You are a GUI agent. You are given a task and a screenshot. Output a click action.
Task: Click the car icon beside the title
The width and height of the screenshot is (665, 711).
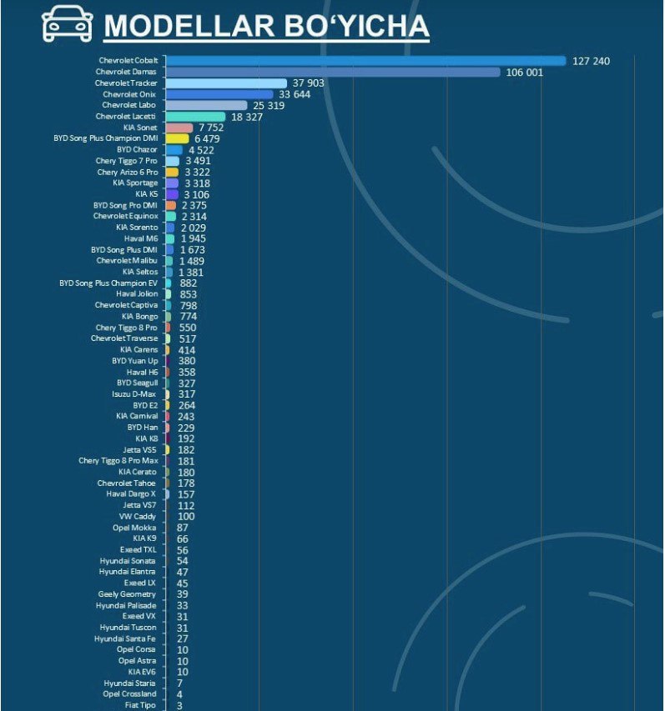click(68, 24)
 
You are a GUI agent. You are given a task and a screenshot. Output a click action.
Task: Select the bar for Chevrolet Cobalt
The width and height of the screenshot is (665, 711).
click(365, 61)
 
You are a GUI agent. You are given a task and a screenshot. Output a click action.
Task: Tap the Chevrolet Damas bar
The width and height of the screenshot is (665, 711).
click(333, 73)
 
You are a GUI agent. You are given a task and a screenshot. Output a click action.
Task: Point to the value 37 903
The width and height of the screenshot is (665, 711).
click(308, 83)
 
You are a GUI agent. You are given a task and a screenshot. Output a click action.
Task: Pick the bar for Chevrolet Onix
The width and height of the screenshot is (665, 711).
click(219, 94)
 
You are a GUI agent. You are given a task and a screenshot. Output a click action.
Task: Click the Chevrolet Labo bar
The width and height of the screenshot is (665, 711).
click(207, 106)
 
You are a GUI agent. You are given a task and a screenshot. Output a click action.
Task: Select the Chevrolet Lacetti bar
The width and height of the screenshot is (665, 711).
click(195, 117)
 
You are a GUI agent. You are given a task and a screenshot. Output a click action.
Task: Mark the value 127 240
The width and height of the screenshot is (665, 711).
click(591, 61)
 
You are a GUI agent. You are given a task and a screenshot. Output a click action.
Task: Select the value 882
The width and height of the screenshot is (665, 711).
click(189, 283)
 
